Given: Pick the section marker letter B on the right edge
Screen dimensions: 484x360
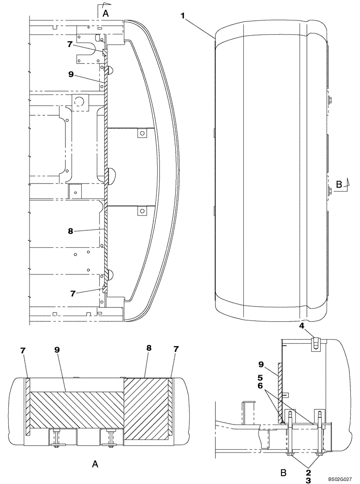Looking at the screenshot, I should point(338,184).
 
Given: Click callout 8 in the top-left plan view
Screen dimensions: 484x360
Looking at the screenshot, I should point(71,231).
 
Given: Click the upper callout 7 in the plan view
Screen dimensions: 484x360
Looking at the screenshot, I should point(70,44).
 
